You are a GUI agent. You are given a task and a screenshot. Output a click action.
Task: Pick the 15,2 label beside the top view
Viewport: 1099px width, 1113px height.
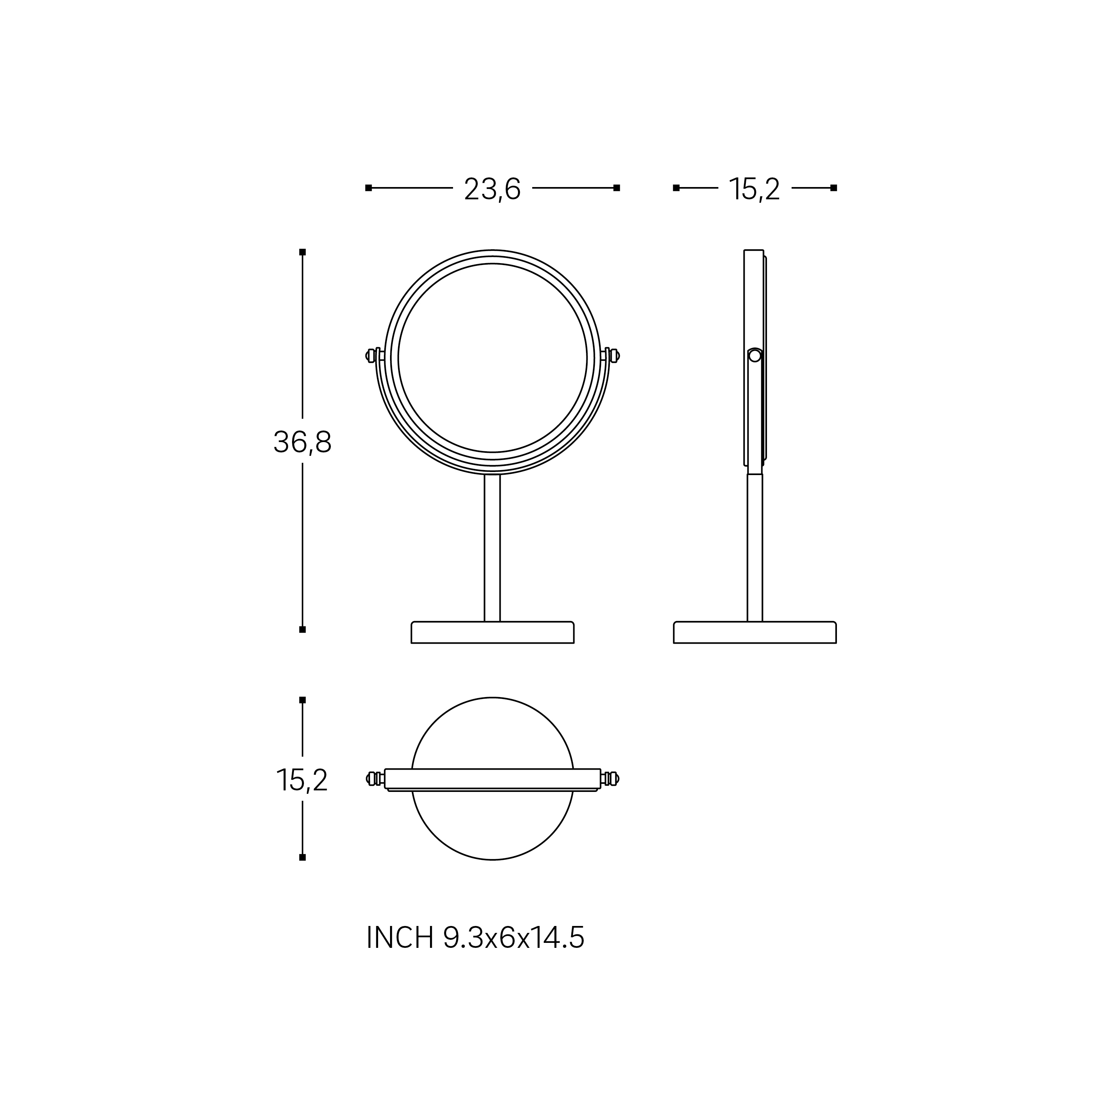point(302,780)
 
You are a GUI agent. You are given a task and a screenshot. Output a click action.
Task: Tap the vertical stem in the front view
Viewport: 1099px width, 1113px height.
point(492,548)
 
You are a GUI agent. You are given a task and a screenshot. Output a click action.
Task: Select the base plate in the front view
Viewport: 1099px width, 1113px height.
point(492,632)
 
